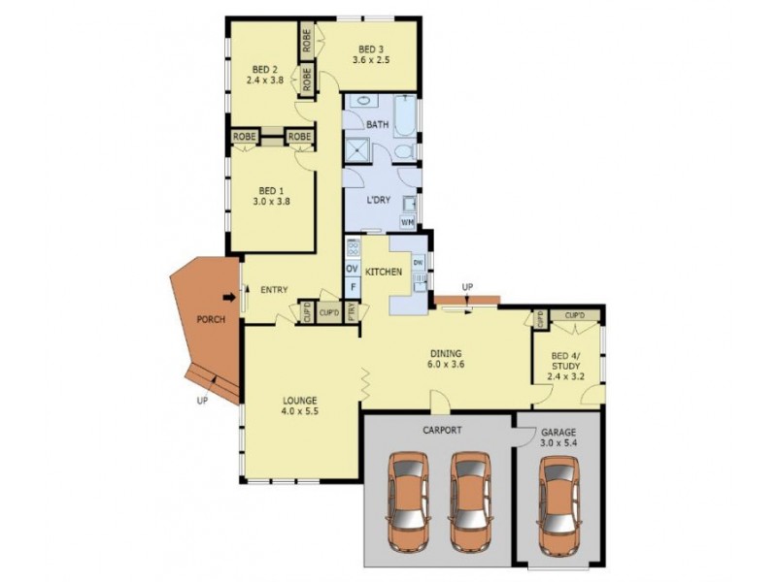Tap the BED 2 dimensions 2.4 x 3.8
266,81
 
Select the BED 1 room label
272,190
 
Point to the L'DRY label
378,201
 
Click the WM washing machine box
407,222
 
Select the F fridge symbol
352,288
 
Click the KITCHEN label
384,273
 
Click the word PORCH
210,318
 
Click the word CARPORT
442,430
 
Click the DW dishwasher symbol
418,263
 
